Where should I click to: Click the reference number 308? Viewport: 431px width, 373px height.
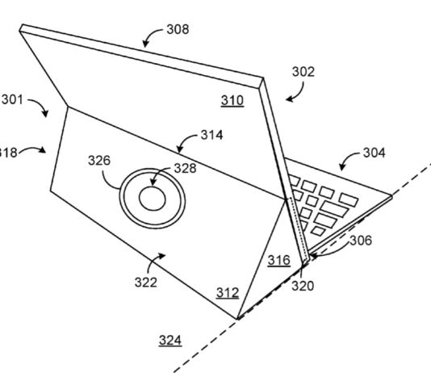tap(178, 30)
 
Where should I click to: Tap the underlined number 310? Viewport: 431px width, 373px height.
tap(231, 103)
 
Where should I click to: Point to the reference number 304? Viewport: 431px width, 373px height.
tap(374, 152)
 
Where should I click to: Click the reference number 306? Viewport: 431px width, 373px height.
tap(361, 240)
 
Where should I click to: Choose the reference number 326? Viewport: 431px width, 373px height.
tap(99, 161)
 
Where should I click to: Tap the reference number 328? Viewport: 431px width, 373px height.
tap(185, 168)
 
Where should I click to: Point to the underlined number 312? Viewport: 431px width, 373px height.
tap(226, 294)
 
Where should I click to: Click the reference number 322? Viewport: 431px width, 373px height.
tap(146, 282)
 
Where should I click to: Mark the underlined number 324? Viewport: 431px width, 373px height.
tap(169, 340)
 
